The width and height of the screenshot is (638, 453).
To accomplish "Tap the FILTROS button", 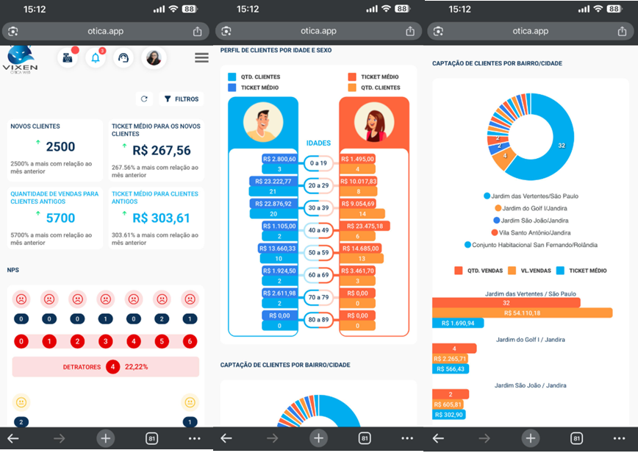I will click(x=180, y=99).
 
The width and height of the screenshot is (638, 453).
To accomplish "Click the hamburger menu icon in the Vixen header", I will click(x=201, y=58).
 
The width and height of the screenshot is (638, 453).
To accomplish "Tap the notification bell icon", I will click(x=96, y=58).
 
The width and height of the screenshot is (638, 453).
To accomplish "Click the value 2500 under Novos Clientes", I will click(x=60, y=147).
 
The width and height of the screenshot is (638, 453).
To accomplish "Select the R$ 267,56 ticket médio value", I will click(x=162, y=151).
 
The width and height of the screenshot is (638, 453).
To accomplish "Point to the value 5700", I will click(x=60, y=218).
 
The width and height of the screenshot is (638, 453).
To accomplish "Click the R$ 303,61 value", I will click(x=162, y=218).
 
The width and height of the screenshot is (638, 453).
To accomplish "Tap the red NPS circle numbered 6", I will click(x=190, y=342).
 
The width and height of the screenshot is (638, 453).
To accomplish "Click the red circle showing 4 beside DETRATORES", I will click(x=112, y=366).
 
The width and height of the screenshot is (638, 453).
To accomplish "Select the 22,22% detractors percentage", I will click(x=137, y=366).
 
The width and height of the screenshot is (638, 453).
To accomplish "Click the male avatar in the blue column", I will click(x=262, y=122).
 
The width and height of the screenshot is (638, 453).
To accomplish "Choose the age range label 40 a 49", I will click(x=318, y=231).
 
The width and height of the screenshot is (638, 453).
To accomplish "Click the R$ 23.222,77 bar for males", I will click(x=272, y=181).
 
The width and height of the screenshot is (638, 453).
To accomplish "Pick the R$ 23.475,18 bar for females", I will click(x=365, y=226).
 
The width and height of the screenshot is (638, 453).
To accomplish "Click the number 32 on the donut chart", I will click(x=562, y=146).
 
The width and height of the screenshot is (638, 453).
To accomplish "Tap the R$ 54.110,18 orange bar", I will click(x=522, y=313).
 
